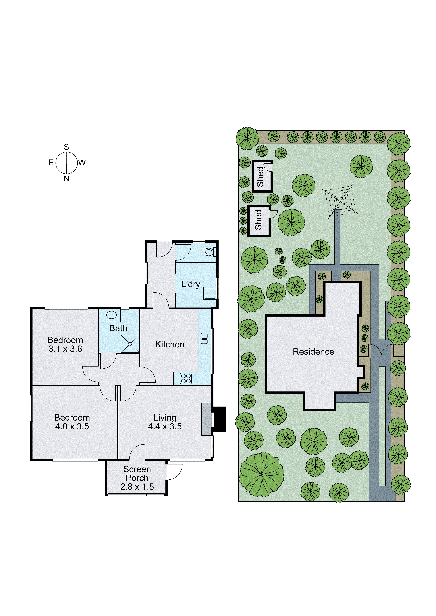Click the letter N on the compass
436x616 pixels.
pyautogui.click(x=67, y=179)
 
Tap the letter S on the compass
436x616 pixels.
pyautogui.click(x=66, y=147)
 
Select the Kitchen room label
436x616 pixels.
pyautogui.click(x=170, y=344)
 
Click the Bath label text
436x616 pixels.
pyautogui.click(x=118, y=328)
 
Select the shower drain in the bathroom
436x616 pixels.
pyautogui.click(x=130, y=344)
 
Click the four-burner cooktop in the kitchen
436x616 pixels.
pyautogui.click(x=186, y=378)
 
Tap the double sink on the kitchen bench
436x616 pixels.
pyautogui.click(x=204, y=338)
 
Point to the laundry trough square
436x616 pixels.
pyautogui.click(x=210, y=293)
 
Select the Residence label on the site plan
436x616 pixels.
pyautogui.click(x=313, y=352)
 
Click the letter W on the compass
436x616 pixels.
pyautogui.click(x=82, y=163)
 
